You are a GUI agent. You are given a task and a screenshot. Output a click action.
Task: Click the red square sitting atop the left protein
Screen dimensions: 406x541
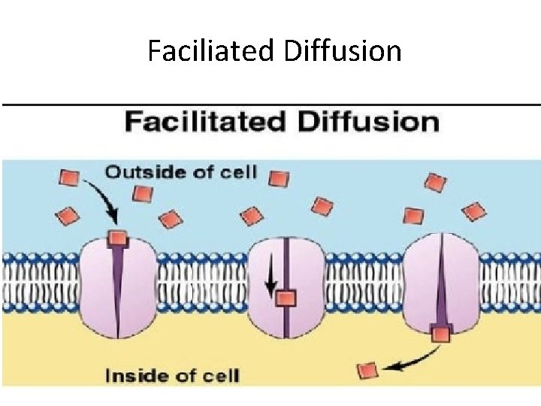click(116, 238)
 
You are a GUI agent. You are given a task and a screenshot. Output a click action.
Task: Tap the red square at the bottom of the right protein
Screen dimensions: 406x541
click(441, 333)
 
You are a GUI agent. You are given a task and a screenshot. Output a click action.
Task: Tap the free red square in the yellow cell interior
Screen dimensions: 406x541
click(367, 370)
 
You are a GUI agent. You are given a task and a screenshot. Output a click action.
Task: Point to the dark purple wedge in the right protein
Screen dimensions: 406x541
click(441, 286)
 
